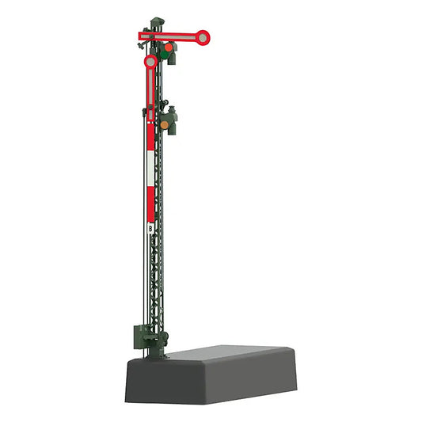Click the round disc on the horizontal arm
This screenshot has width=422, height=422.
203,38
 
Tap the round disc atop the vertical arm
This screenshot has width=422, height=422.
150,62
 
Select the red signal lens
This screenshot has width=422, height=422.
169,48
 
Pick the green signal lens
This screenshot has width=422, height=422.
164,55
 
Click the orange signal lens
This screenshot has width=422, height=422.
164,125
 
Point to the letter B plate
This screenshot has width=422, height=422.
150,229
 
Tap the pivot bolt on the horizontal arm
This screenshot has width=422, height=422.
151,36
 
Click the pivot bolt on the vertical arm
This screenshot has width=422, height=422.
150,107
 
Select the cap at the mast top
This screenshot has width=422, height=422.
158,21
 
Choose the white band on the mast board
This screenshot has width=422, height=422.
150,168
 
